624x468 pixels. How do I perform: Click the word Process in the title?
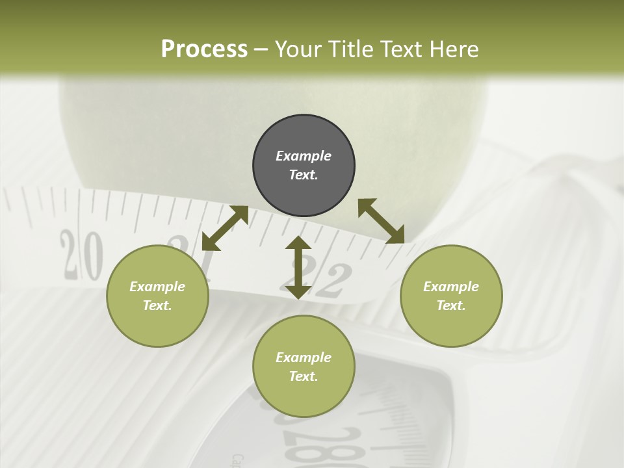point(204,49)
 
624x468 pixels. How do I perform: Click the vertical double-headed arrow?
point(298,267)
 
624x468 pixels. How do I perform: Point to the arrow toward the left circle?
point(225,228)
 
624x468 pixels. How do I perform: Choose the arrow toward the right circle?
point(381,221)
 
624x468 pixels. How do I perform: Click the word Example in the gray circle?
point(304,156)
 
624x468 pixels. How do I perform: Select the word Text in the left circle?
point(157,305)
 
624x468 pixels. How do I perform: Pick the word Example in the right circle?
point(451,287)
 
